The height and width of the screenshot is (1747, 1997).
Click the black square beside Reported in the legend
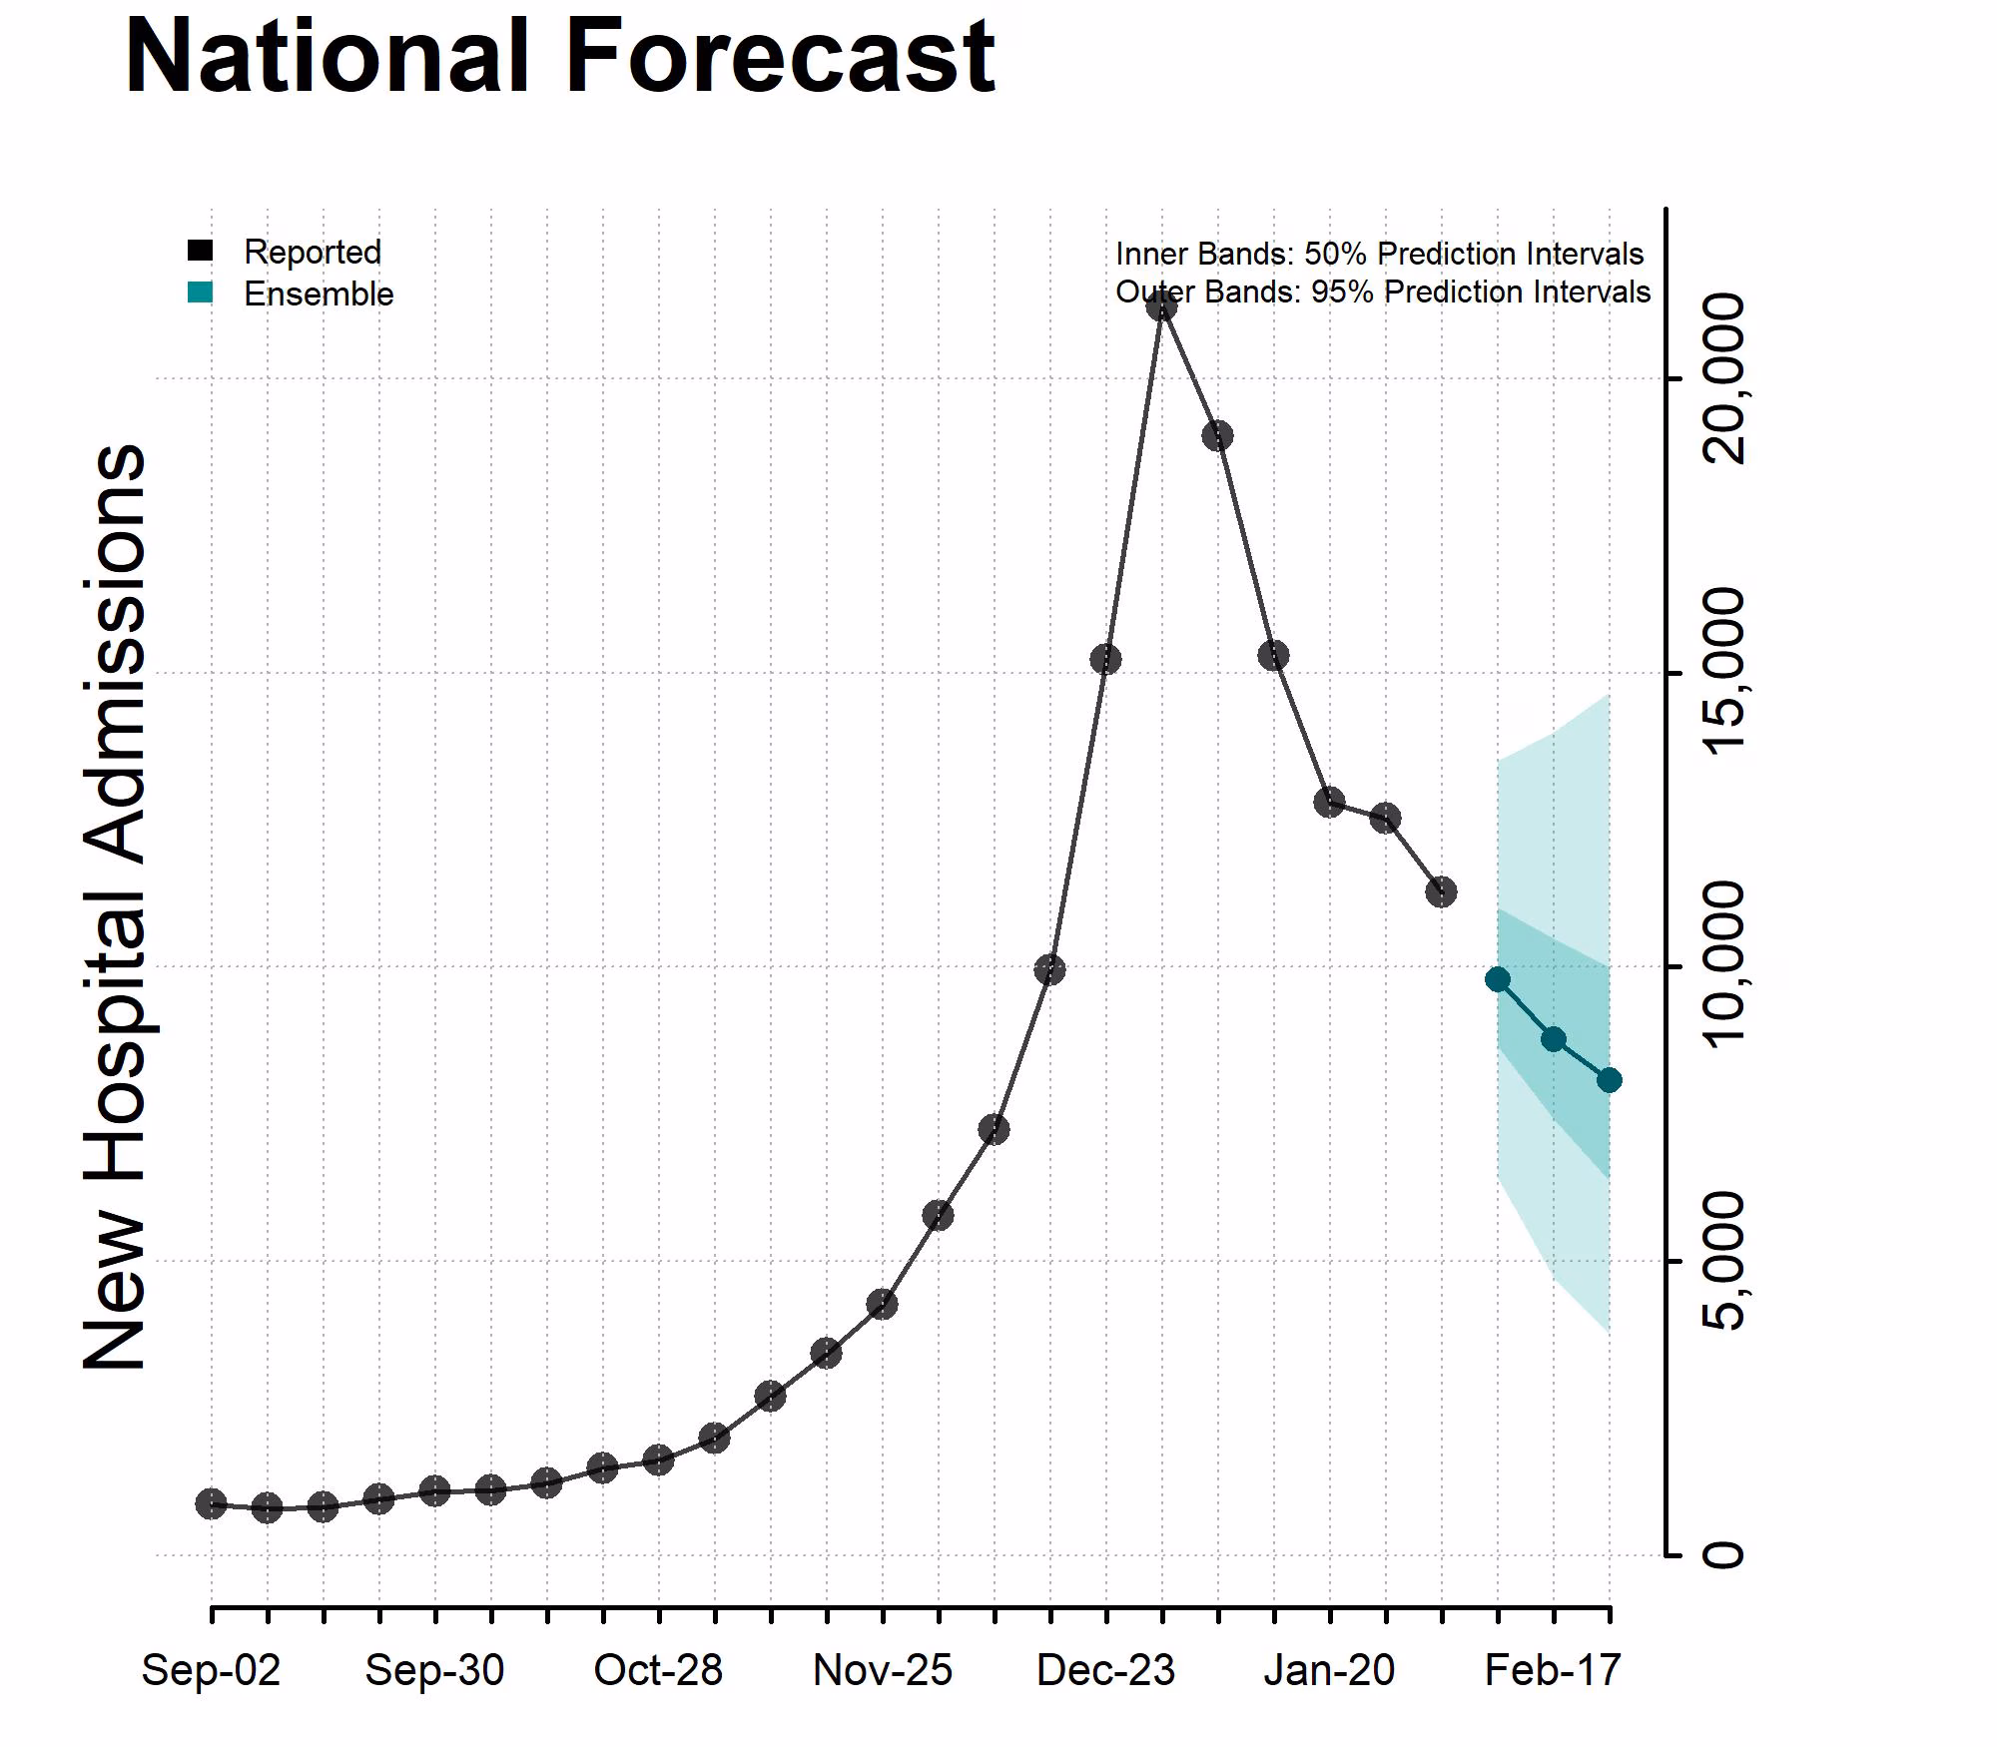(x=201, y=251)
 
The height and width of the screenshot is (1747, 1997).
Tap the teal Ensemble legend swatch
(x=201, y=292)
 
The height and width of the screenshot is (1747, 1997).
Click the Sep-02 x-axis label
(x=211, y=1670)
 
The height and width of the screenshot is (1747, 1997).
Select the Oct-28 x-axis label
(x=658, y=1670)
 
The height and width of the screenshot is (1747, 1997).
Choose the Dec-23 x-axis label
(x=1105, y=1670)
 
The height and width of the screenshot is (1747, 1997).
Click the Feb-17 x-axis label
(x=1553, y=1670)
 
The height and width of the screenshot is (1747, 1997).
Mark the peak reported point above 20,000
(x=1161, y=305)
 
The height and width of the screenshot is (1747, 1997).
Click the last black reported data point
(x=1441, y=891)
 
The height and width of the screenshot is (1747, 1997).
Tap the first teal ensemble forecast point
(x=1498, y=979)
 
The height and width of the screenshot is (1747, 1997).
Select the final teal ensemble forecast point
(x=1609, y=1080)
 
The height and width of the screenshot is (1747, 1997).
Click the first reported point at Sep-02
(x=211, y=1503)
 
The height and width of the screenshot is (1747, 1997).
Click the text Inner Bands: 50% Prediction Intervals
(x=1379, y=254)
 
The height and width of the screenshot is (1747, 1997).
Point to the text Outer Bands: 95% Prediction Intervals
(x=1383, y=291)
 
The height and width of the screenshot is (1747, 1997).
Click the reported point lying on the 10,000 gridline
(x=1049, y=969)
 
